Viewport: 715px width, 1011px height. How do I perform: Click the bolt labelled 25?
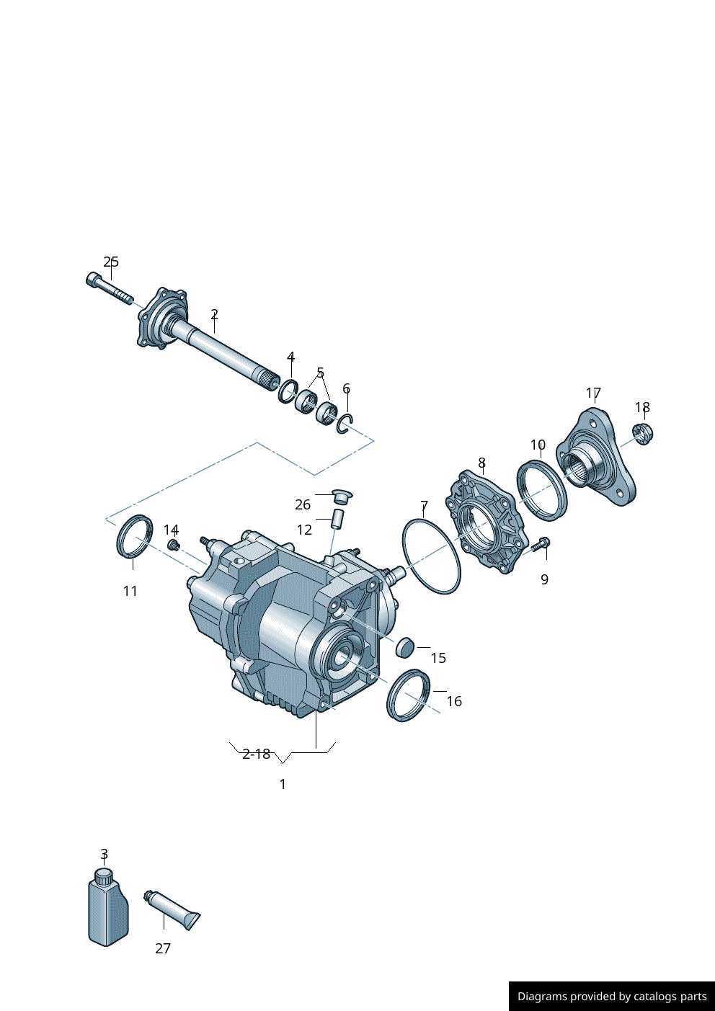point(110,288)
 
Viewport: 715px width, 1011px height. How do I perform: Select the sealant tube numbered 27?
point(172,909)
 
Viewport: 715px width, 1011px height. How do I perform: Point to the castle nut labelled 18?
point(643,433)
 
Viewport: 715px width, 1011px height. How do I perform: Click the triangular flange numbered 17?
point(596,456)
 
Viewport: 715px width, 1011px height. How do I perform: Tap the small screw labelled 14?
point(173,545)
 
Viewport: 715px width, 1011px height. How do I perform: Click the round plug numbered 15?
point(404,647)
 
